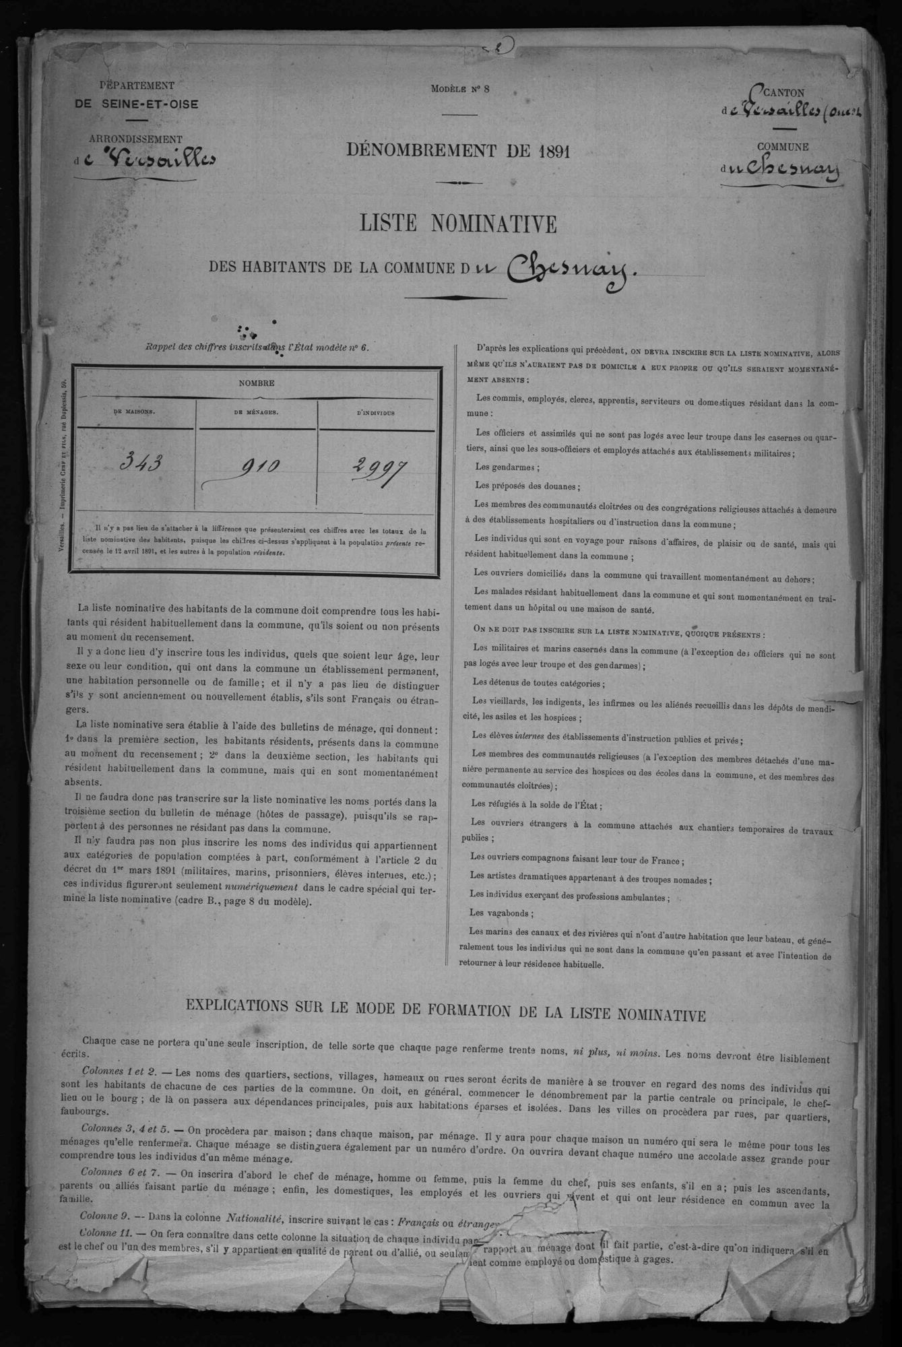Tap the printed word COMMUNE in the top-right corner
pyautogui.click(x=783, y=147)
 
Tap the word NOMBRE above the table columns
pyautogui.click(x=256, y=383)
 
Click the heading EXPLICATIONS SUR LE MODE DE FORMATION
pyautogui.click(x=446, y=1015)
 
